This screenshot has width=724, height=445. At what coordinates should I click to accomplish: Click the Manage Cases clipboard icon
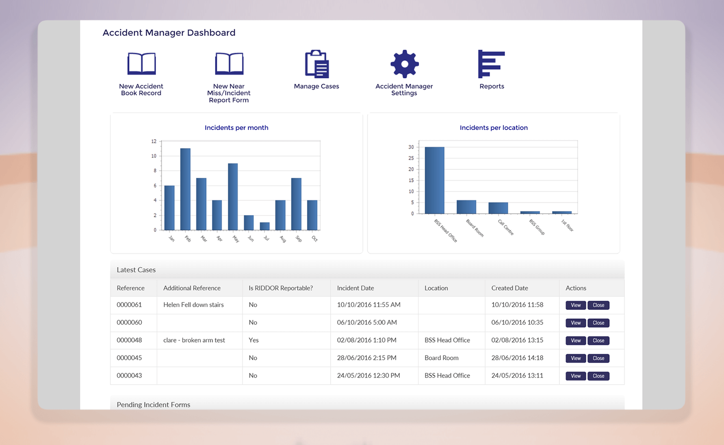click(316, 64)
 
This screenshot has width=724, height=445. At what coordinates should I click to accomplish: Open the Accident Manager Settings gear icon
click(404, 64)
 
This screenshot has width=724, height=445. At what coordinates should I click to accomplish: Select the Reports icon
click(491, 64)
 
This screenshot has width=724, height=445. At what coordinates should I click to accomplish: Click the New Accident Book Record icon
click(141, 64)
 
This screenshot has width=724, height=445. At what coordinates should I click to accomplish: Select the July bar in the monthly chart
click(264, 226)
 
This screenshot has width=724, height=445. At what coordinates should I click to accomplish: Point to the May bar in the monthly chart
click(233, 197)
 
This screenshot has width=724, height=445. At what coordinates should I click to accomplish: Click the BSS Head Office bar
click(434, 180)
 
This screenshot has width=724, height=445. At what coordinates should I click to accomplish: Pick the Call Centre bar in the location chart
click(498, 208)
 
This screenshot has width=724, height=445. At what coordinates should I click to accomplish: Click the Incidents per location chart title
click(494, 127)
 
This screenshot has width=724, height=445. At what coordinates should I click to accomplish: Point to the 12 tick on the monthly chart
click(154, 141)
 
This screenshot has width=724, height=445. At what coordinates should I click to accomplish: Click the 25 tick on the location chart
click(411, 158)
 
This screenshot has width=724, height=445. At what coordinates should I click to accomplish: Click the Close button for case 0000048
click(598, 341)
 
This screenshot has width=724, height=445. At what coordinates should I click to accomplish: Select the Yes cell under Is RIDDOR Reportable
click(254, 340)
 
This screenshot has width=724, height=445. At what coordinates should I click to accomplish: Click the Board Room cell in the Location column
click(441, 358)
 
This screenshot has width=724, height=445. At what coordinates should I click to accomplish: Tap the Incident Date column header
click(355, 288)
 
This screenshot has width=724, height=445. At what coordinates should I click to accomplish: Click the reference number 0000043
click(129, 376)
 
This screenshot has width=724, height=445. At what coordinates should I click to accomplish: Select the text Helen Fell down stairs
click(193, 305)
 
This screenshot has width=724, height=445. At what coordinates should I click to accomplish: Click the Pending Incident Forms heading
click(153, 404)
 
